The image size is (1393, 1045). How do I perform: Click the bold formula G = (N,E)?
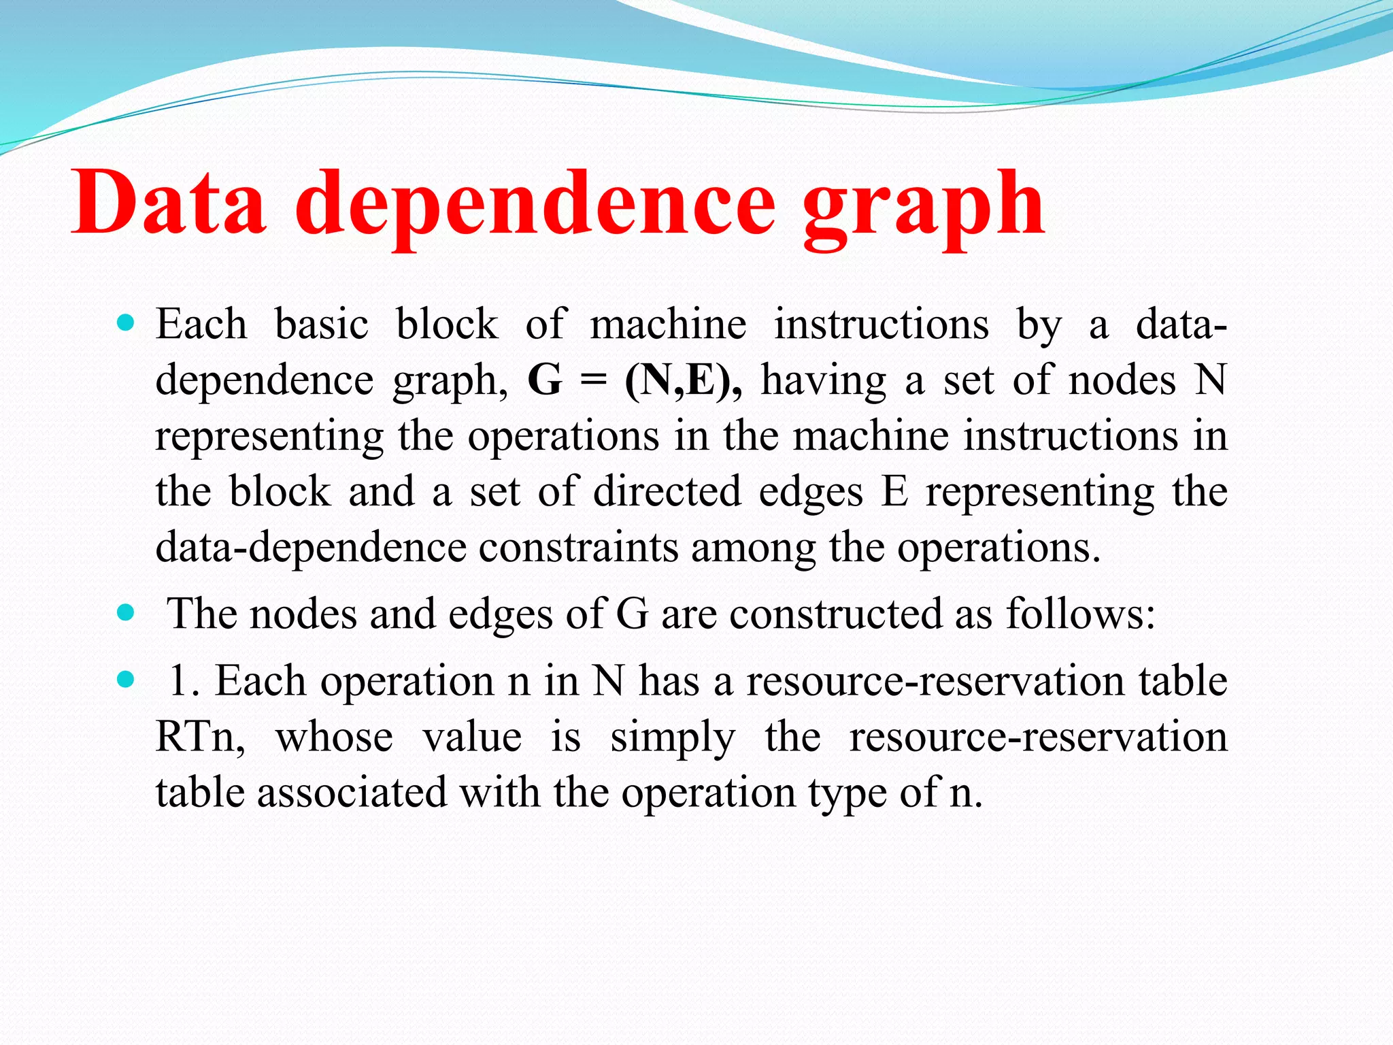[x=635, y=380]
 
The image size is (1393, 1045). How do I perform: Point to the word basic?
[x=321, y=324]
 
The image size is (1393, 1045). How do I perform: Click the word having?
[x=824, y=380]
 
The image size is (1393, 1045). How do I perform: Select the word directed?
[x=667, y=491]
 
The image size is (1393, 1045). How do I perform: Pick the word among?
[x=753, y=548]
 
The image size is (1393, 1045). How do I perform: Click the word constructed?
[x=835, y=614]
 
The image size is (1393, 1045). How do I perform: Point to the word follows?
[x=1080, y=614]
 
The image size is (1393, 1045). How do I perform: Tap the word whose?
[x=334, y=737]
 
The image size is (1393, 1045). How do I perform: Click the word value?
[x=472, y=737]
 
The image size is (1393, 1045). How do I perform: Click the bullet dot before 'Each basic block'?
[x=126, y=322]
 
